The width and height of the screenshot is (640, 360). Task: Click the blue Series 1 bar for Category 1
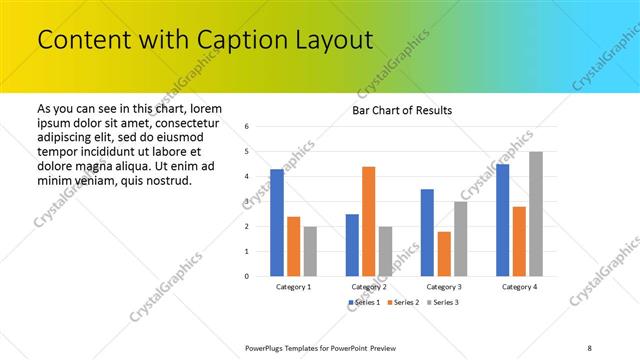pos(277,223)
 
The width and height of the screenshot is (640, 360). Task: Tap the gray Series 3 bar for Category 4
pos(536,214)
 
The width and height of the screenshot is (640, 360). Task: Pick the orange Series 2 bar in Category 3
pos(444,254)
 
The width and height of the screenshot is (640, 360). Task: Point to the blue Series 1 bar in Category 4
pos(502,220)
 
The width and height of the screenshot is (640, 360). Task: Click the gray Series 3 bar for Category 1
pos(310,251)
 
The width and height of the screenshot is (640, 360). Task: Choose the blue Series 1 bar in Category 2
pos(352,245)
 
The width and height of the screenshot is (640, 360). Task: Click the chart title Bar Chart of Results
pos(403,110)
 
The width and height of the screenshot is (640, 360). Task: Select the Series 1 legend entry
pos(364,302)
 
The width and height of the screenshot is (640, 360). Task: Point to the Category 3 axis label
pos(443,287)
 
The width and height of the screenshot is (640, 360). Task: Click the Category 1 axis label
pos(293,287)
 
